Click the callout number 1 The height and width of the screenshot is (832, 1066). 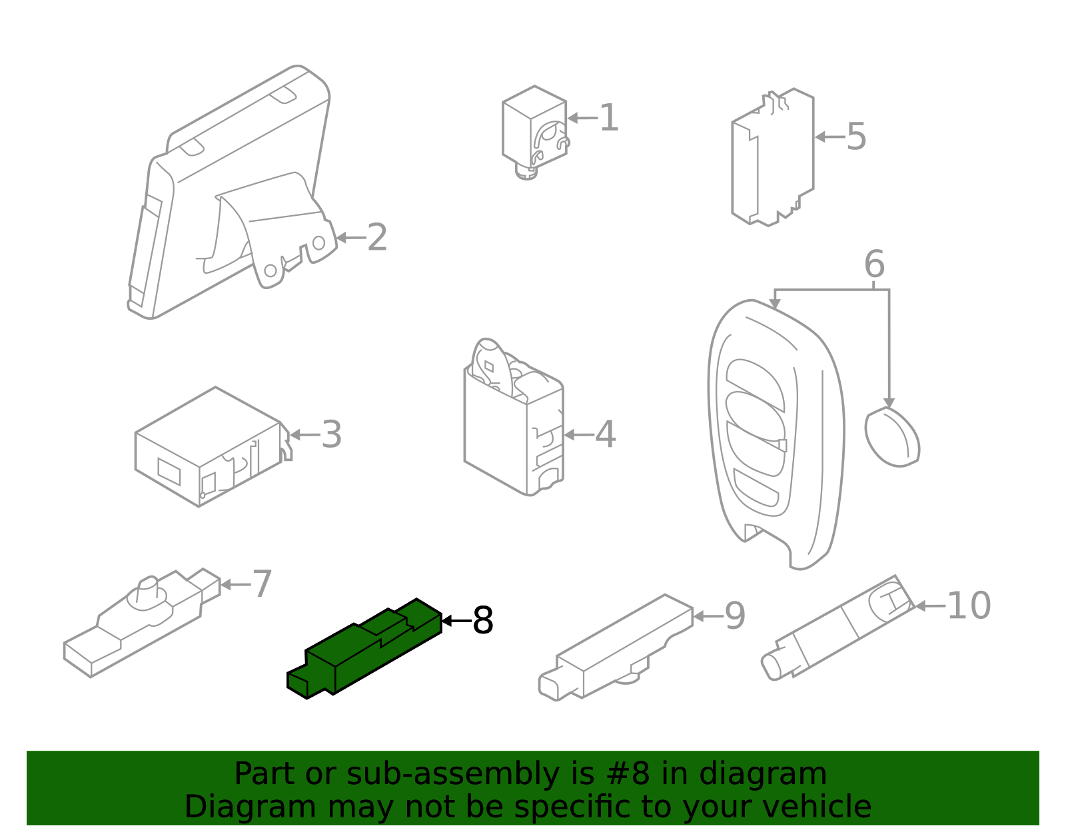tap(609, 118)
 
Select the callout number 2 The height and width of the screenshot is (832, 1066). tap(377, 237)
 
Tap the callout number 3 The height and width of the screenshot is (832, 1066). tap(332, 434)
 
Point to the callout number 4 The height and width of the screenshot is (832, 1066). tap(606, 434)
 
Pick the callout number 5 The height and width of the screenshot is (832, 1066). tap(857, 137)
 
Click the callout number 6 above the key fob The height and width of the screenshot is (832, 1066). tap(875, 264)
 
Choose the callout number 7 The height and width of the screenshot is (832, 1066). tap(262, 584)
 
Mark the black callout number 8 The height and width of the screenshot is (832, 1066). tap(483, 620)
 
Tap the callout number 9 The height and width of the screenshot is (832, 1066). tap(735, 616)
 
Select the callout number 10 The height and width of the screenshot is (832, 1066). tap(969, 606)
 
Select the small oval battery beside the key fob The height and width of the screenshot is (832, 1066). tap(892, 437)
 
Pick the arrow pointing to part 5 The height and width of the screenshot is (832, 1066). tap(830, 137)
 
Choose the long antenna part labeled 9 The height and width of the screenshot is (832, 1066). tap(616, 647)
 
